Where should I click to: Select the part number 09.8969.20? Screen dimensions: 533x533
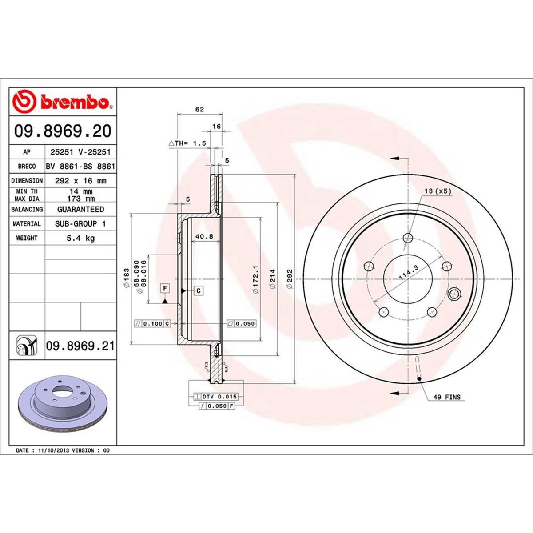tap(63, 131)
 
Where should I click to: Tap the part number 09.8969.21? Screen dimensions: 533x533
tap(80, 346)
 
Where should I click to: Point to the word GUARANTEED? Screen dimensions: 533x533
tap(80, 209)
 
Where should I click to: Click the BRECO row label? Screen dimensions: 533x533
tap(27, 167)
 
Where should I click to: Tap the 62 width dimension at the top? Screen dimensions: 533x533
tap(199, 109)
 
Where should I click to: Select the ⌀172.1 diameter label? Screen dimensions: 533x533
tap(255, 279)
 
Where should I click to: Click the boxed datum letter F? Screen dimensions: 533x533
tap(165, 289)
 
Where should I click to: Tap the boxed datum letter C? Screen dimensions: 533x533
tap(199, 291)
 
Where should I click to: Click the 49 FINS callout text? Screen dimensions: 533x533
tap(446, 397)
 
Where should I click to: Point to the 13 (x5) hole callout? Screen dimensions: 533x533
tap(438, 191)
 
